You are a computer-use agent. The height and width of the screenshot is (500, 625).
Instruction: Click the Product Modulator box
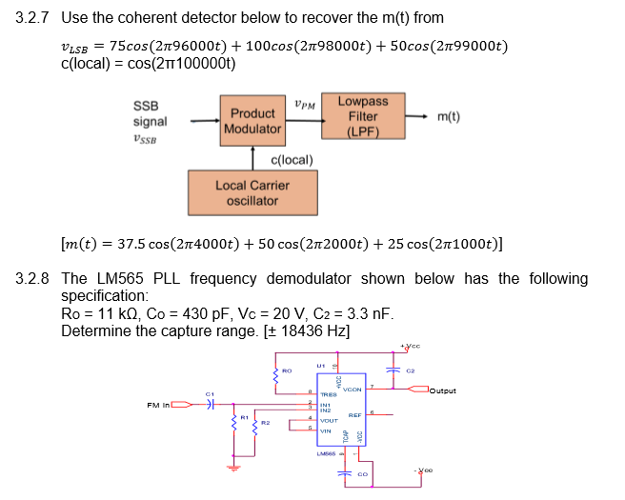(x=252, y=120)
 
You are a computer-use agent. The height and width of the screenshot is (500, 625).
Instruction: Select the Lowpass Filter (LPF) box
(x=363, y=116)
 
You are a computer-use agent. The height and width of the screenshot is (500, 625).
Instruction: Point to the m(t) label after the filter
(x=449, y=117)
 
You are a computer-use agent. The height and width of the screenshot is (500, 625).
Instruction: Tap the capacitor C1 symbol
(x=212, y=404)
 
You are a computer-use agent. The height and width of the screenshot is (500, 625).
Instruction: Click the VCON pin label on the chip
(x=351, y=390)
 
